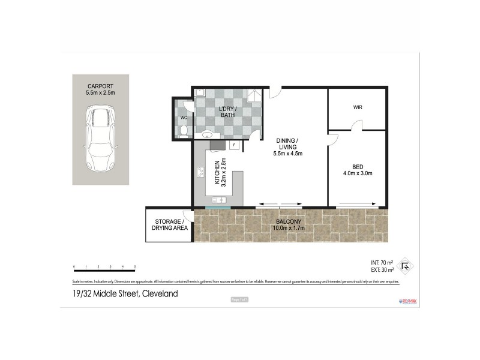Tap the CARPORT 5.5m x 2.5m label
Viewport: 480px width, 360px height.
100,89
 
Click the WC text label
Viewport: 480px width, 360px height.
184,118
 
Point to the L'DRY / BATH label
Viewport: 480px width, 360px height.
227,111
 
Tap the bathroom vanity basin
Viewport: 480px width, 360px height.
206,135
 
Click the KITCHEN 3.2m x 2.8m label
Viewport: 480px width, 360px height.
220,173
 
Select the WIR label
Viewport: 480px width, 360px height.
358,107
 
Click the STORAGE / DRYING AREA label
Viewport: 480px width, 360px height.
169,224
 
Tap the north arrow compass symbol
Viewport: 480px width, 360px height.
406,266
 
